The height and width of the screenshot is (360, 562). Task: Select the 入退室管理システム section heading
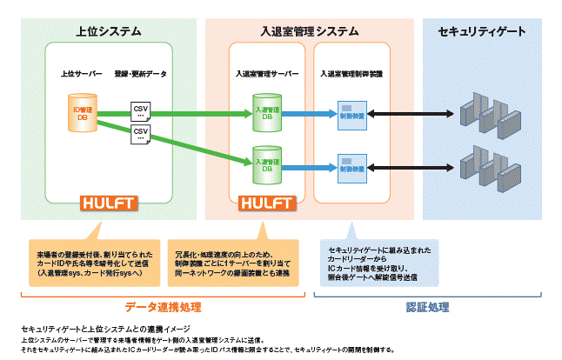[310, 32]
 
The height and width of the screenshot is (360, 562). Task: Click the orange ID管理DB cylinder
[82, 111]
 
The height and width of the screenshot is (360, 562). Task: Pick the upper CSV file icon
[141, 111]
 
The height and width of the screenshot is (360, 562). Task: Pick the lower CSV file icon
[141, 134]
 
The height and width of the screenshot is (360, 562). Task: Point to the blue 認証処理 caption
[427, 307]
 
